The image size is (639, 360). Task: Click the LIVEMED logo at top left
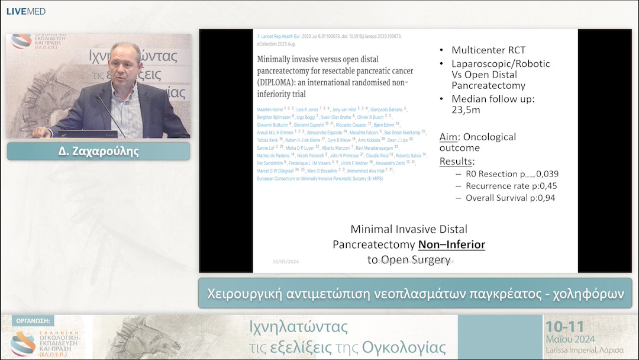(x=25, y=11)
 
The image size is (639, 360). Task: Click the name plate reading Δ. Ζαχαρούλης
(x=98, y=151)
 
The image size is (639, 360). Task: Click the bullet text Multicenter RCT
(x=488, y=50)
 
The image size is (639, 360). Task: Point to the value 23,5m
(x=467, y=110)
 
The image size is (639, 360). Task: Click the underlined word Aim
(x=448, y=137)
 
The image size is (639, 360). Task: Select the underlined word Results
(x=456, y=161)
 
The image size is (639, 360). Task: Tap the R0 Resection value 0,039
(x=547, y=174)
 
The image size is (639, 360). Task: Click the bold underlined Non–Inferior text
(x=451, y=244)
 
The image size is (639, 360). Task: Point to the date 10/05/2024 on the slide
(x=286, y=261)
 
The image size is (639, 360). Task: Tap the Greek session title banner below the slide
(x=415, y=293)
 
